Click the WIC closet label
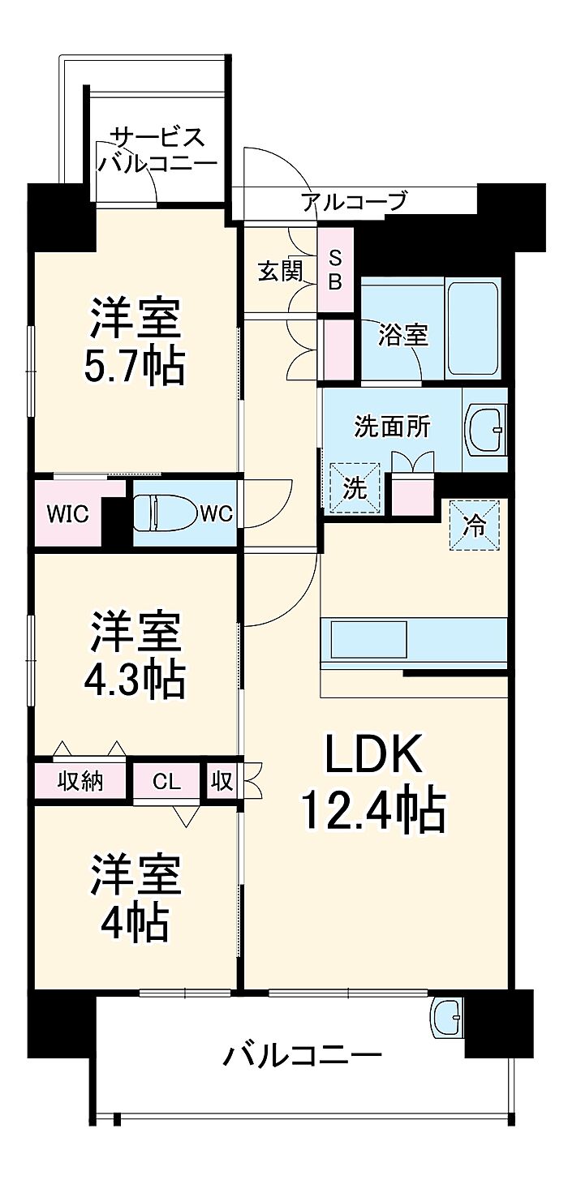67,513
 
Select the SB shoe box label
335,270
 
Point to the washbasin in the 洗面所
485,427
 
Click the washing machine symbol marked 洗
355,488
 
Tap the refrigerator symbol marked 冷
474,526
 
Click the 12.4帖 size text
373,809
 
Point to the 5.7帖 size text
135,367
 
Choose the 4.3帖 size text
135,681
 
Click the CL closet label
166,782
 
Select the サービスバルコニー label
157,149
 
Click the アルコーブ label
354,201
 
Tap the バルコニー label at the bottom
302,1057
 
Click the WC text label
217,513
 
